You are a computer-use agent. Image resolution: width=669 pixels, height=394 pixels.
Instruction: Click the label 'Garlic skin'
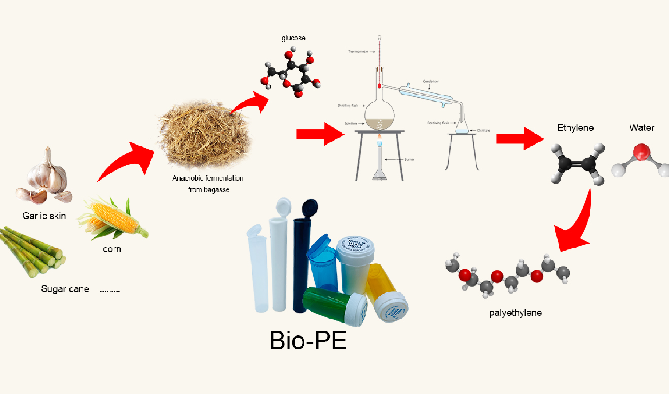pyautogui.click(x=44, y=216)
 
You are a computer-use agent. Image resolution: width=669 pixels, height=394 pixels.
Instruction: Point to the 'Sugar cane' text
pyautogui.click(x=65, y=289)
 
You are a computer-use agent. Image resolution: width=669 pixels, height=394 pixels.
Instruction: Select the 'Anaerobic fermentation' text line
pyautogui.click(x=208, y=178)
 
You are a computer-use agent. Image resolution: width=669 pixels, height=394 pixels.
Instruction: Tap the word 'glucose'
pyautogui.click(x=293, y=38)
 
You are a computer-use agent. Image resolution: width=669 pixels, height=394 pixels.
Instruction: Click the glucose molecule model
pyautogui.click(x=291, y=73)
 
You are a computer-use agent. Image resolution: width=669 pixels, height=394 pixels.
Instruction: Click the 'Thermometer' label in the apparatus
pyautogui.click(x=358, y=52)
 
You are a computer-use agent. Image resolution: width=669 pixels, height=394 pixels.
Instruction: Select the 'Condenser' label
pyautogui.click(x=430, y=81)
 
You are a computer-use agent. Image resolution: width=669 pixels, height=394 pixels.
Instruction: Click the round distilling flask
pyautogui.click(x=379, y=115)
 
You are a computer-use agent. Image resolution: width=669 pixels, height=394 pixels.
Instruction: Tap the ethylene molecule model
pyautogui.click(x=577, y=163)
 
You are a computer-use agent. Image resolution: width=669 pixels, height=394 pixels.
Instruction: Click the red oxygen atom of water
pyautogui.click(x=641, y=152)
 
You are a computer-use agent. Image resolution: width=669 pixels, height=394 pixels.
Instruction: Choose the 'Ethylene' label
pyautogui.click(x=575, y=128)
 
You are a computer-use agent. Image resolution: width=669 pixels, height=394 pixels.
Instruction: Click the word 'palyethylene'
pyautogui.click(x=515, y=313)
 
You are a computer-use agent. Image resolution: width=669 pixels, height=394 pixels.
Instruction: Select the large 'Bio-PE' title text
pyautogui.click(x=308, y=341)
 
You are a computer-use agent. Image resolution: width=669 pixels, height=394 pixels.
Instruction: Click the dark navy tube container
pyautogui.click(x=303, y=257)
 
